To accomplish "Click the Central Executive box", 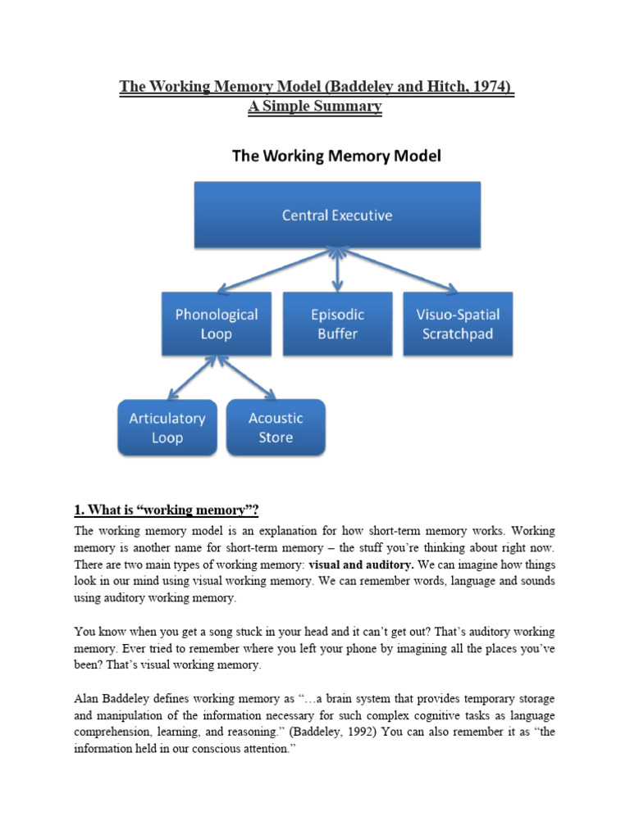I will (x=337, y=215).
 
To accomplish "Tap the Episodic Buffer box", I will (x=337, y=324).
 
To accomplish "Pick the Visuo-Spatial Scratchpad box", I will (x=459, y=324).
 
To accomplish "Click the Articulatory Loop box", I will (x=167, y=427).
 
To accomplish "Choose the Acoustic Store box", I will (x=276, y=427).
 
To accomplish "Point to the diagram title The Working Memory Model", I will (x=337, y=156).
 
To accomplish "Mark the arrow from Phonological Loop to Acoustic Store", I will (x=245, y=377).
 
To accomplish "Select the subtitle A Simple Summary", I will (x=315, y=107).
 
